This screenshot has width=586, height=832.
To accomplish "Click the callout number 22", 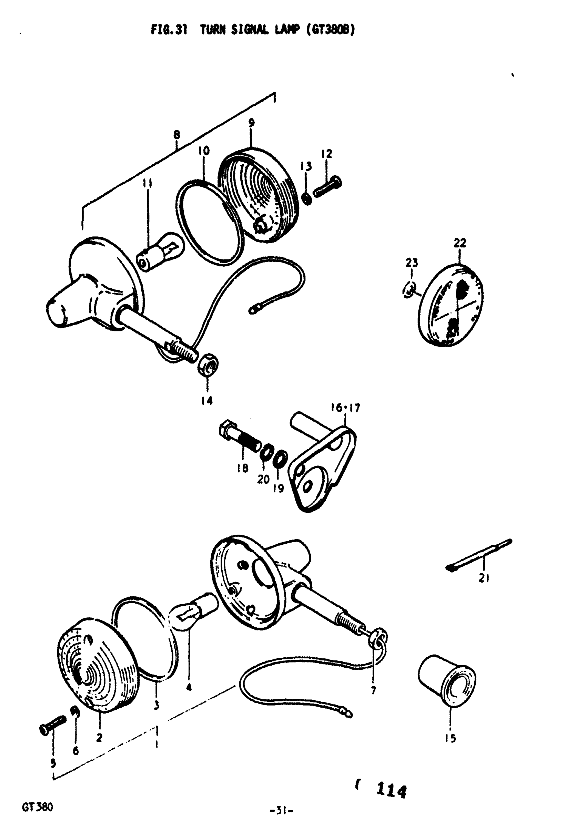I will [460, 243].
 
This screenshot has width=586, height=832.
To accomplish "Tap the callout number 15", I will [450, 738].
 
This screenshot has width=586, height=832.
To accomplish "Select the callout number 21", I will [484, 578].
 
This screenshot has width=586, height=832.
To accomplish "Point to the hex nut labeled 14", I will [208, 366].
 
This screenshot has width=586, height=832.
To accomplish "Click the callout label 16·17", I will [345, 408].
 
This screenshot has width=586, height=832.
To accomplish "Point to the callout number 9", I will [251, 123].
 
